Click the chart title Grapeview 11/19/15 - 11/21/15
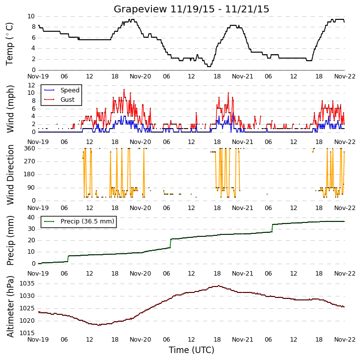[191, 9]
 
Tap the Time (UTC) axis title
[192, 350]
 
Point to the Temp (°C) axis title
[9, 44]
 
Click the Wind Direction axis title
[10, 174]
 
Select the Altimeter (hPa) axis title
[10, 306]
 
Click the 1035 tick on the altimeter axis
[27, 284]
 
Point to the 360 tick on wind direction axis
[30, 148]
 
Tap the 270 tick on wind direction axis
[30, 161]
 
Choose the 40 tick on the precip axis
[31, 217]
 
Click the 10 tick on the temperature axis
[31, 16]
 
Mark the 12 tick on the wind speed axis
[31, 85]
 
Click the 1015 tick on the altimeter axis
[27, 333]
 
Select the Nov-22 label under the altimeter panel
[345, 339]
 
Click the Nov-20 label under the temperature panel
[141, 76]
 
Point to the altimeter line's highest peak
[219, 286]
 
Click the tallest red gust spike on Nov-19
[124, 89]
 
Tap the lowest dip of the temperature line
[209, 67]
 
